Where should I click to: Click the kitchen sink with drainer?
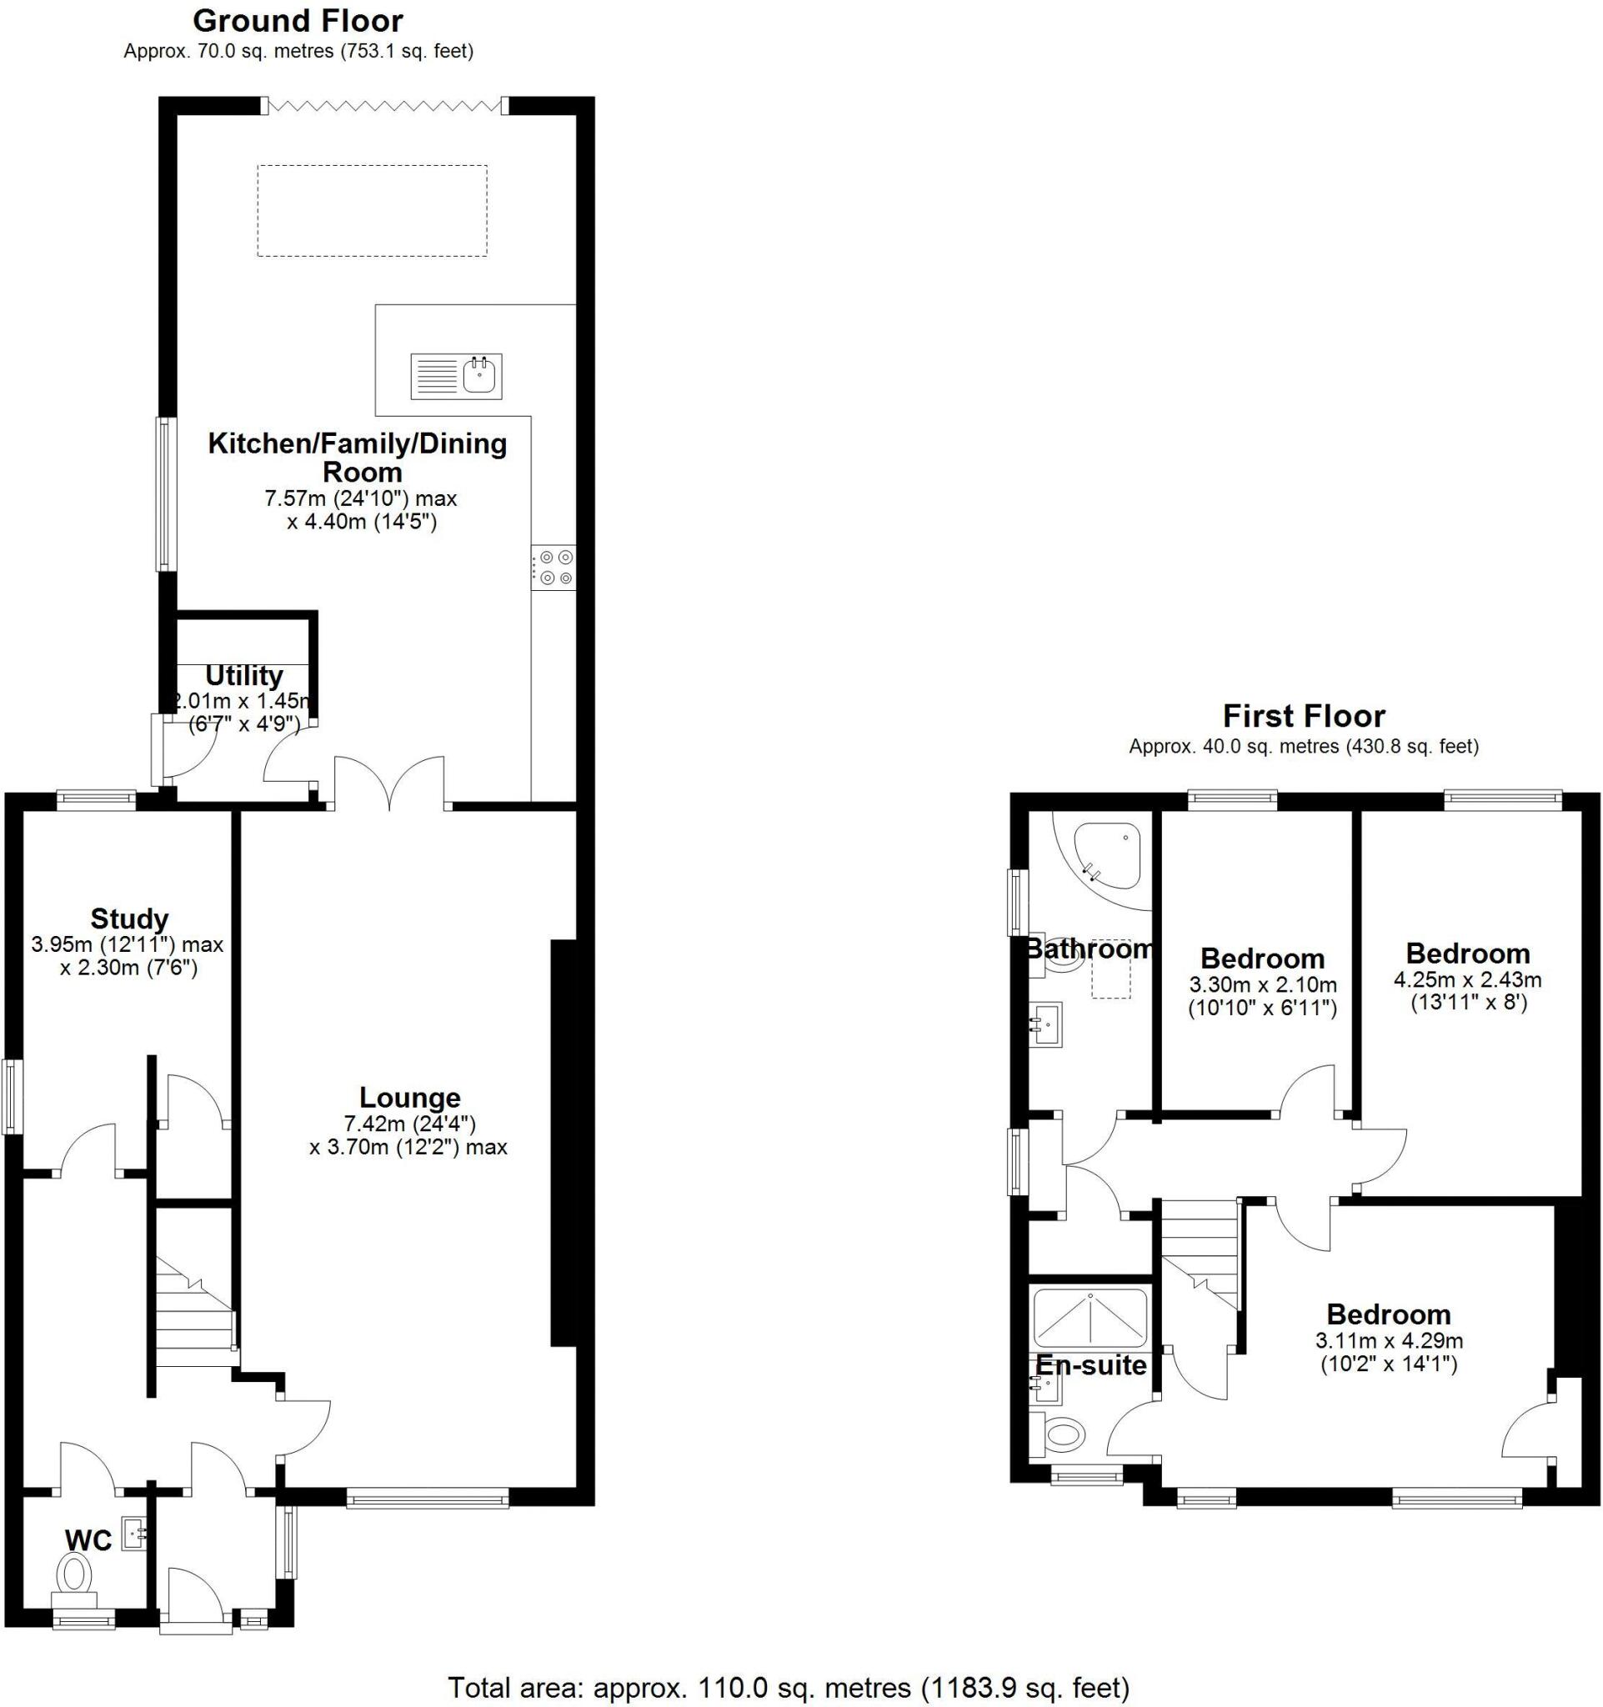[456, 376]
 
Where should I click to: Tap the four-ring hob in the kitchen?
[554, 568]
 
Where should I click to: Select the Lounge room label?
[409, 1098]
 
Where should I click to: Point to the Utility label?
[244, 676]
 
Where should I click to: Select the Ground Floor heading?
[297, 21]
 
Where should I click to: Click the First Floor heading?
[1304, 716]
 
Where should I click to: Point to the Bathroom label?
[1089, 949]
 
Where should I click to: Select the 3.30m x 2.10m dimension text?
[1262, 985]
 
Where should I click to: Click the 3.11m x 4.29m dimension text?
[1389, 1340]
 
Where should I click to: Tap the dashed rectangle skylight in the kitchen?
[372, 210]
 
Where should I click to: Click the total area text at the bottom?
[789, 1688]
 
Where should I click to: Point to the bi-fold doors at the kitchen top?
[383, 106]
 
